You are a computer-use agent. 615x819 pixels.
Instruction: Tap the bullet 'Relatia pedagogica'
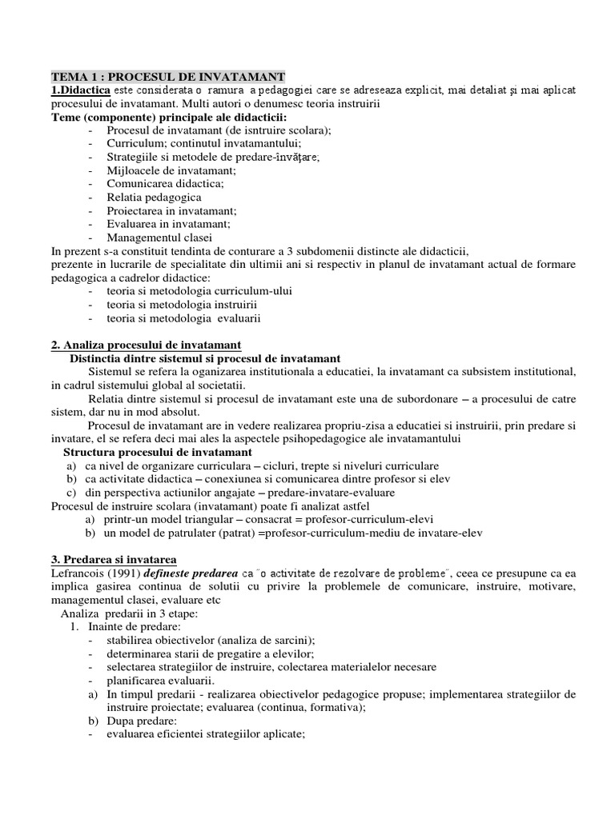(154, 197)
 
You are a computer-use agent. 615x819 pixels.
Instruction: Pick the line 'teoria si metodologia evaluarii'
(183, 318)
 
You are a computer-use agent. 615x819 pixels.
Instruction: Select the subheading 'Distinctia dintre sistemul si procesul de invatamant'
(205, 358)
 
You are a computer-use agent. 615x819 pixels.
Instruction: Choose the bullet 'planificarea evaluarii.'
(166, 680)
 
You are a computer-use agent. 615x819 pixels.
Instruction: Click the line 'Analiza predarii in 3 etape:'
(129, 613)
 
